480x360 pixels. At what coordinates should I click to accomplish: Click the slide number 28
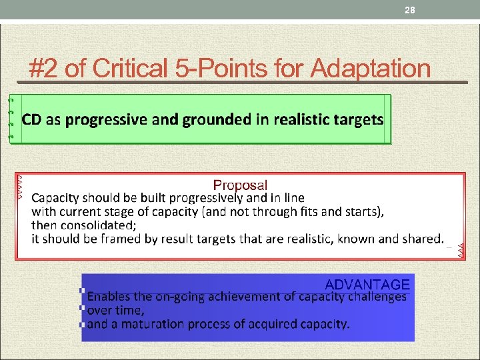point(409,9)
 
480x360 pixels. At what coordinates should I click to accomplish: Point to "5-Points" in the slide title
point(229,68)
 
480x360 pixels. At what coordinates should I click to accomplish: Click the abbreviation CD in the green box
point(31,120)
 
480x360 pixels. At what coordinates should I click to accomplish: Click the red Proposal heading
point(240,185)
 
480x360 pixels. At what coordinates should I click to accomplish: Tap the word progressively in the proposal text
point(207,198)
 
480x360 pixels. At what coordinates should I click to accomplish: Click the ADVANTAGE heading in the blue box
point(367,285)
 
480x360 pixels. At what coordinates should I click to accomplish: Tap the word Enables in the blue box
point(109,297)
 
